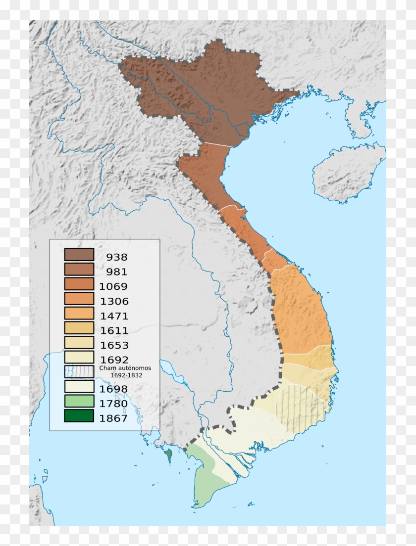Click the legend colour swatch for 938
(79, 255)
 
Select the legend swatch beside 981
(79, 270)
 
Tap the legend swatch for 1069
(79, 284)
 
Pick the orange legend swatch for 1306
(79, 299)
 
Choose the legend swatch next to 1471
(79, 314)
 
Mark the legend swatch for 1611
(79, 328)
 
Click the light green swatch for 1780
(79, 401)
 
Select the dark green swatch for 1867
(79, 416)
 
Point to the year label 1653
(114, 345)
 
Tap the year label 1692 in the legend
(114, 360)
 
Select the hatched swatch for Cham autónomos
(79, 372)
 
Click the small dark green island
(170, 454)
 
